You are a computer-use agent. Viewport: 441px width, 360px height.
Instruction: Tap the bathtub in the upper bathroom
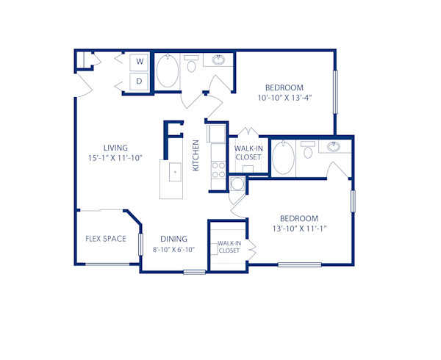click(167, 72)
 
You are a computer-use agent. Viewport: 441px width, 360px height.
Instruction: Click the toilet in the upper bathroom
click(192, 65)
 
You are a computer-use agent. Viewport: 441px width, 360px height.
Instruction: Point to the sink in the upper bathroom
click(219, 60)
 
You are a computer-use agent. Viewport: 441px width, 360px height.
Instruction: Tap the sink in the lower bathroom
click(334, 146)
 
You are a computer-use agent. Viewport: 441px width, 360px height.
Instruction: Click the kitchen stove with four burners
click(218, 170)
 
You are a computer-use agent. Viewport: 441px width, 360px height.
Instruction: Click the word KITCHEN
click(196, 156)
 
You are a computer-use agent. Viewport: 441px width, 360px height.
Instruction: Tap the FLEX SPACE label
click(106, 238)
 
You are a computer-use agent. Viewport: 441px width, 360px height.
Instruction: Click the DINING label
click(173, 239)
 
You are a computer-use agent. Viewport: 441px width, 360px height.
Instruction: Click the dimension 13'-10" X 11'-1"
click(299, 228)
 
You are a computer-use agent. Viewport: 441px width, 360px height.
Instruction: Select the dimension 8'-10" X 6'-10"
click(173, 248)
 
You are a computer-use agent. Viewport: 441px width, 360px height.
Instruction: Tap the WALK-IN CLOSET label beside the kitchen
click(248, 152)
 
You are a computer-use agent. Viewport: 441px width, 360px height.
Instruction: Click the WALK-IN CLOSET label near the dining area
click(229, 247)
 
